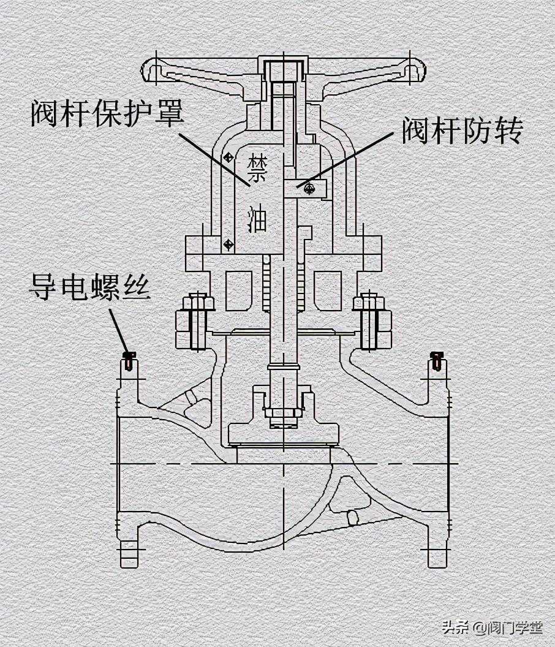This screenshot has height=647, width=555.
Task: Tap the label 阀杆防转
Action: [462, 131]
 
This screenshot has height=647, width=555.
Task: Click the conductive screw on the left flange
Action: [128, 361]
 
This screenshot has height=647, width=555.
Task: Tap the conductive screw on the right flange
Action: [436, 361]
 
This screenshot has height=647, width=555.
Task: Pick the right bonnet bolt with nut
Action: [369, 321]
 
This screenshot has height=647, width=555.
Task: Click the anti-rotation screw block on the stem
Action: [307, 189]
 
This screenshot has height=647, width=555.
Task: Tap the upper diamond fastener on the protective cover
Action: [228, 157]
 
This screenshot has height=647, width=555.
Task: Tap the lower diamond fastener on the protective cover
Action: [228, 244]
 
